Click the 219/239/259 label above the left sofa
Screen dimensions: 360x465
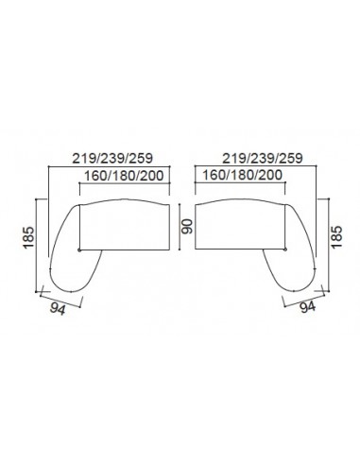[x=112, y=158]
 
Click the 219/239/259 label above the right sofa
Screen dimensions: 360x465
[x=263, y=158]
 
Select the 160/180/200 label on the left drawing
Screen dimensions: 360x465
[x=124, y=176]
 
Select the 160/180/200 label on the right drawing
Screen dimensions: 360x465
[x=242, y=175]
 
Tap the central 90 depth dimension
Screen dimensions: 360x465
[x=188, y=227]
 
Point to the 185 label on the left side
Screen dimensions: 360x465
[x=28, y=237]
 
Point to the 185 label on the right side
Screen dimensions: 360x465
[x=336, y=237]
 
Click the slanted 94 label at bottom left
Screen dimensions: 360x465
[x=58, y=309]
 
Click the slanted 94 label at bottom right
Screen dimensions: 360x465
[x=307, y=306]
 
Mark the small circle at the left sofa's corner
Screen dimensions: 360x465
[x=79, y=250]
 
